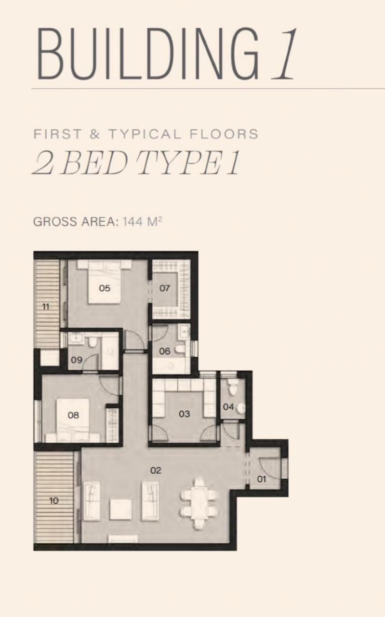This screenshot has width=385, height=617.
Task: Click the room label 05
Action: point(105,288)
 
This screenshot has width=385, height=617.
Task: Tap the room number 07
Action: point(164,288)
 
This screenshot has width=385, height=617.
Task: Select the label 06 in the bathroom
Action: point(165,351)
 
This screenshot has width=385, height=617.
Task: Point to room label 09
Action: point(77,360)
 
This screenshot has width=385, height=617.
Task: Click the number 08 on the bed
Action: point(73,415)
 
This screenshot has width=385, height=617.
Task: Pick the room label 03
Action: point(184,414)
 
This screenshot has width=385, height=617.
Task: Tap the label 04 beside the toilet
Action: point(228,406)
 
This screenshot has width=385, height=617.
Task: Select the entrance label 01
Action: point(261,479)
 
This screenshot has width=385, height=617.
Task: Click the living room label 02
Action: point(156,470)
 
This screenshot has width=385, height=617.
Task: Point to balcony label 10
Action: point(53,500)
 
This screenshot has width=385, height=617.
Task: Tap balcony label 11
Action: point(46,307)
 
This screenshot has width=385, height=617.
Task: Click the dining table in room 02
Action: point(199,504)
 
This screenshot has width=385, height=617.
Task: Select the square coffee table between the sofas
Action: point(120,510)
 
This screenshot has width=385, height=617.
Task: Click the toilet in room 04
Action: point(233,386)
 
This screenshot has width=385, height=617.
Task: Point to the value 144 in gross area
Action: point(133,222)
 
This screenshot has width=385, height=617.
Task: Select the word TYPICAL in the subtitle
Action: point(145,134)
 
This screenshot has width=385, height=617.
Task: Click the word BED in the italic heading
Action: point(95,162)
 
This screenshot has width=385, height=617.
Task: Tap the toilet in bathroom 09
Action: point(92,342)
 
